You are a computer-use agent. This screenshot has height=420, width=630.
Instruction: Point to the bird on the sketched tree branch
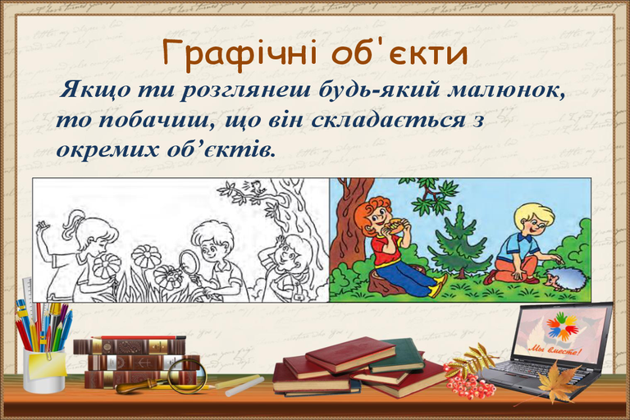(x=256, y=186)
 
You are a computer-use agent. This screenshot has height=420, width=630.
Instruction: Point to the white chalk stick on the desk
(x=240, y=381)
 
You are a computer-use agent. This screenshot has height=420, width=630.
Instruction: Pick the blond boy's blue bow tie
(x=523, y=238)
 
